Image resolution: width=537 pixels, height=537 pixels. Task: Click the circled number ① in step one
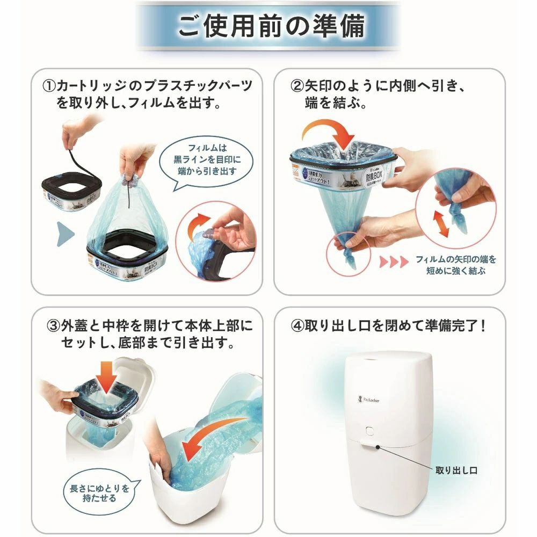coord(49,86)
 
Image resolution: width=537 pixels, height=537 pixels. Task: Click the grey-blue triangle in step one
coord(65,234)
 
